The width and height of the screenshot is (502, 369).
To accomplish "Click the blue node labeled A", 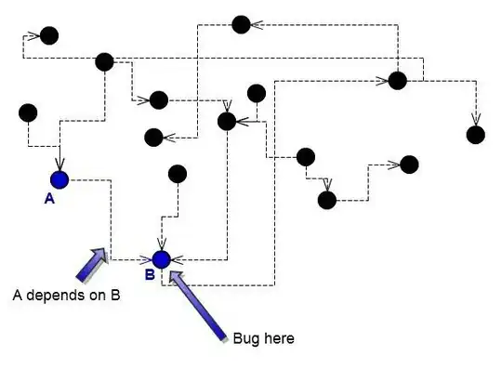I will pyautogui.click(x=59, y=179).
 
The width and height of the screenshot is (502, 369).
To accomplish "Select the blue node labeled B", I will pyautogui.click(x=161, y=259).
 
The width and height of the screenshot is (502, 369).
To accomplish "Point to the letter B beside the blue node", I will pyautogui.click(x=149, y=275).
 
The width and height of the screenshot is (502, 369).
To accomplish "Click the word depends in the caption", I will pyautogui.click(x=64, y=296).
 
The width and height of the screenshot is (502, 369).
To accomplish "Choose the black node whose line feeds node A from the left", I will pyautogui.click(x=29, y=112).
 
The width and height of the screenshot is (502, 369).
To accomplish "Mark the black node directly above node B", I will pyautogui.click(x=177, y=174).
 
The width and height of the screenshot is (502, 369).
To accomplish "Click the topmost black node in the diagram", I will pyautogui.click(x=241, y=24).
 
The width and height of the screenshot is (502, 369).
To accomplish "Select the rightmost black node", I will pyautogui.click(x=476, y=135).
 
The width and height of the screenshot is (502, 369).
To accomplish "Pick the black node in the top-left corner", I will pyautogui.click(x=49, y=36).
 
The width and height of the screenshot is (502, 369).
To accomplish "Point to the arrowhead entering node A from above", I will pyautogui.click(x=59, y=165).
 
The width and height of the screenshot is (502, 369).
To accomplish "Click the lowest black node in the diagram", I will pyautogui.click(x=326, y=199).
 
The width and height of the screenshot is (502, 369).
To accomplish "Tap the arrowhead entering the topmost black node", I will pyautogui.click(x=256, y=25).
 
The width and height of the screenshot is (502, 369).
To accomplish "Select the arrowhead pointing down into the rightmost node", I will pyautogui.click(x=476, y=120).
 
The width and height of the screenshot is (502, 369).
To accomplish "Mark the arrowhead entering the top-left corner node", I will pyautogui.click(x=35, y=36).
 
